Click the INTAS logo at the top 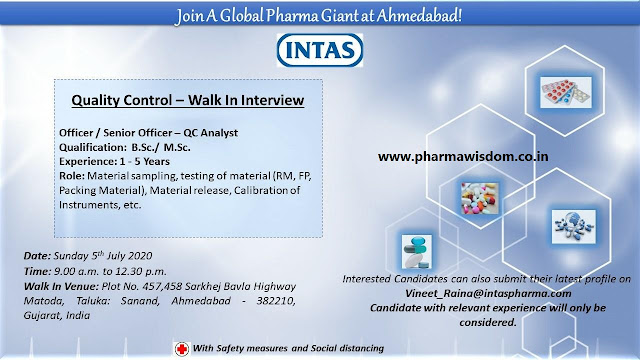point(319,49)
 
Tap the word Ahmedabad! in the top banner point(437,15)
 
